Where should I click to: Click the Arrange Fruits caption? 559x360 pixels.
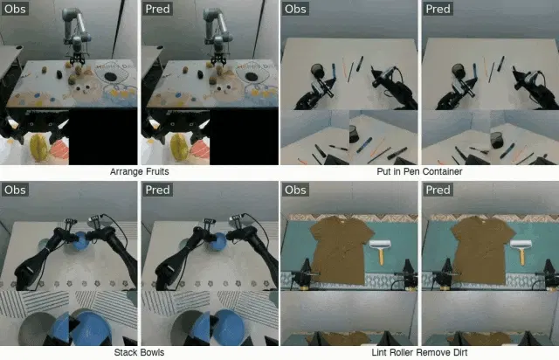pyautogui.click(x=140, y=171)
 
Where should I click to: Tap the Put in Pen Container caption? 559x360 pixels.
pyautogui.click(x=419, y=171)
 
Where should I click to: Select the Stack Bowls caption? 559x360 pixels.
pyautogui.click(x=139, y=352)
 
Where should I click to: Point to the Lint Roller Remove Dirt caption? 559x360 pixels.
pyautogui.click(x=419, y=352)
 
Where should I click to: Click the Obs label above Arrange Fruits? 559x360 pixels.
pyautogui.click(x=15, y=9)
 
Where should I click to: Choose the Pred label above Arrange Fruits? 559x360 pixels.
pyautogui.click(x=157, y=9)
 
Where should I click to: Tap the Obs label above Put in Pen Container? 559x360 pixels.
pyautogui.click(x=295, y=9)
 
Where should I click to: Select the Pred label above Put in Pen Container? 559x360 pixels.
pyautogui.click(x=438, y=9)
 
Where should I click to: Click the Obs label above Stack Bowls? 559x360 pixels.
pyautogui.click(x=15, y=190)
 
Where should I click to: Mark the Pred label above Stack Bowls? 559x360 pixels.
pyautogui.click(x=157, y=190)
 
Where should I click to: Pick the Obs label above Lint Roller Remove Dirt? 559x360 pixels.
pyautogui.click(x=295, y=190)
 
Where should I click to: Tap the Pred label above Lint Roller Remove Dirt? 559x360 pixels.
pyautogui.click(x=438, y=190)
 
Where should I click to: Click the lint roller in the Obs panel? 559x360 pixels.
pyautogui.click(x=381, y=251)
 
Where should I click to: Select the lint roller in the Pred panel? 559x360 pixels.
pyautogui.click(x=521, y=251)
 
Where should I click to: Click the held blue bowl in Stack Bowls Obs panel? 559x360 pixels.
pyautogui.click(x=81, y=241)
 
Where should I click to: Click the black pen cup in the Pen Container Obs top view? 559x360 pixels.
pyautogui.click(x=317, y=70)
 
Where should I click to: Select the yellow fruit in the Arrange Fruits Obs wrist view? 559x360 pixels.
pyautogui.click(x=38, y=148)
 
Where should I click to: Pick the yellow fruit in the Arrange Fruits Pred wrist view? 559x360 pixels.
pyautogui.click(x=179, y=148)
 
